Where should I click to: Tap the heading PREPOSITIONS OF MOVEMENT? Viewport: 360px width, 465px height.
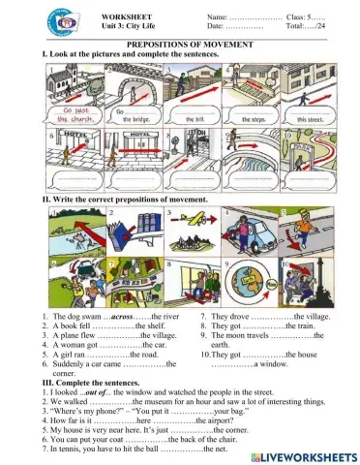pos(180,45)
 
